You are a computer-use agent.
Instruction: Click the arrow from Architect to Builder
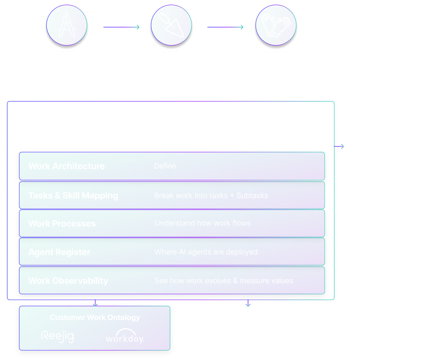coord(121,28)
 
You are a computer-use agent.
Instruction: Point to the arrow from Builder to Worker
coord(226,28)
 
